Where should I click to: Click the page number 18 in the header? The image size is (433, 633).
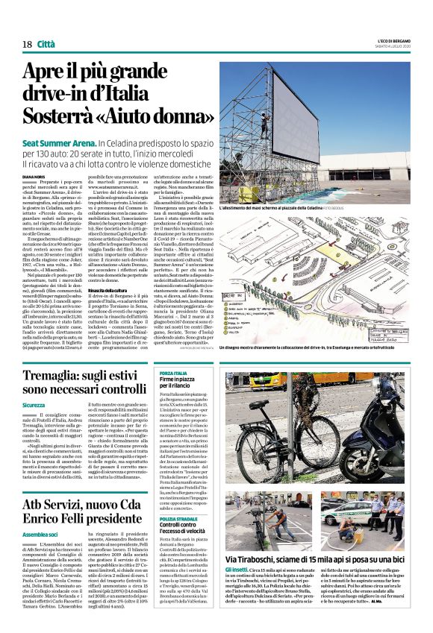27,44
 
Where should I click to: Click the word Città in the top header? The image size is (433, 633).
46,44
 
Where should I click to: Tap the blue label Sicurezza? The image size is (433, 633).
34,405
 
